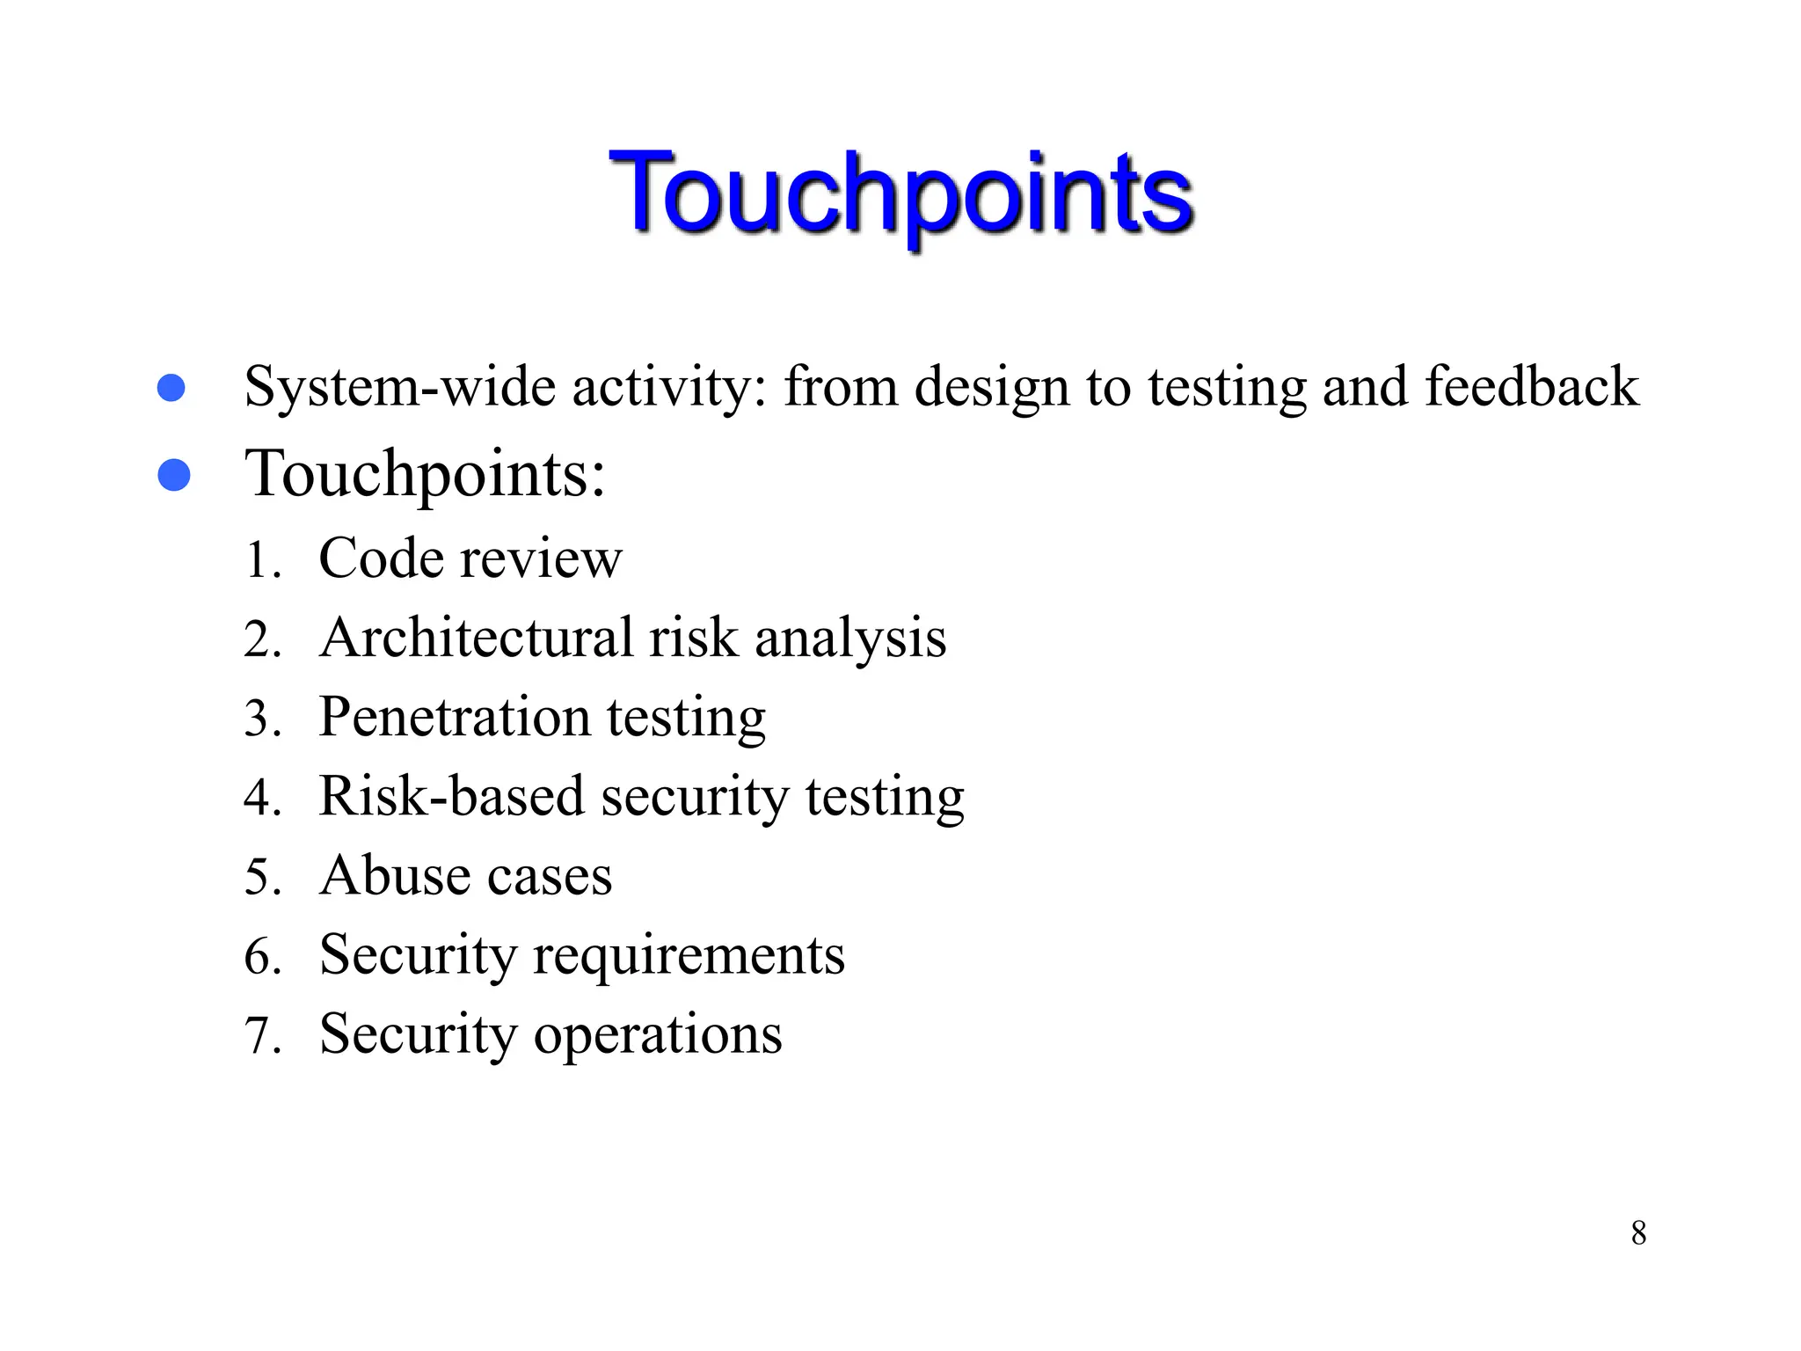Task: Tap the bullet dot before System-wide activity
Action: click(x=171, y=388)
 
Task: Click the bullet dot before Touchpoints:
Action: click(x=174, y=475)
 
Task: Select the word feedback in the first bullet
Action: click(x=1531, y=386)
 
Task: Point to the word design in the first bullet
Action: click(x=991, y=388)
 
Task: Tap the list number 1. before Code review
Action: click(x=261, y=560)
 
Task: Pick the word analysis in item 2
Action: click(x=850, y=639)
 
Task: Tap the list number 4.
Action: click(x=262, y=798)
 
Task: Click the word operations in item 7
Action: click(x=658, y=1035)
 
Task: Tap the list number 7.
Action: click(x=262, y=1035)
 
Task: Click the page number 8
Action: click(x=1638, y=1233)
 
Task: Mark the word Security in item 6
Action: click(x=418, y=955)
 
